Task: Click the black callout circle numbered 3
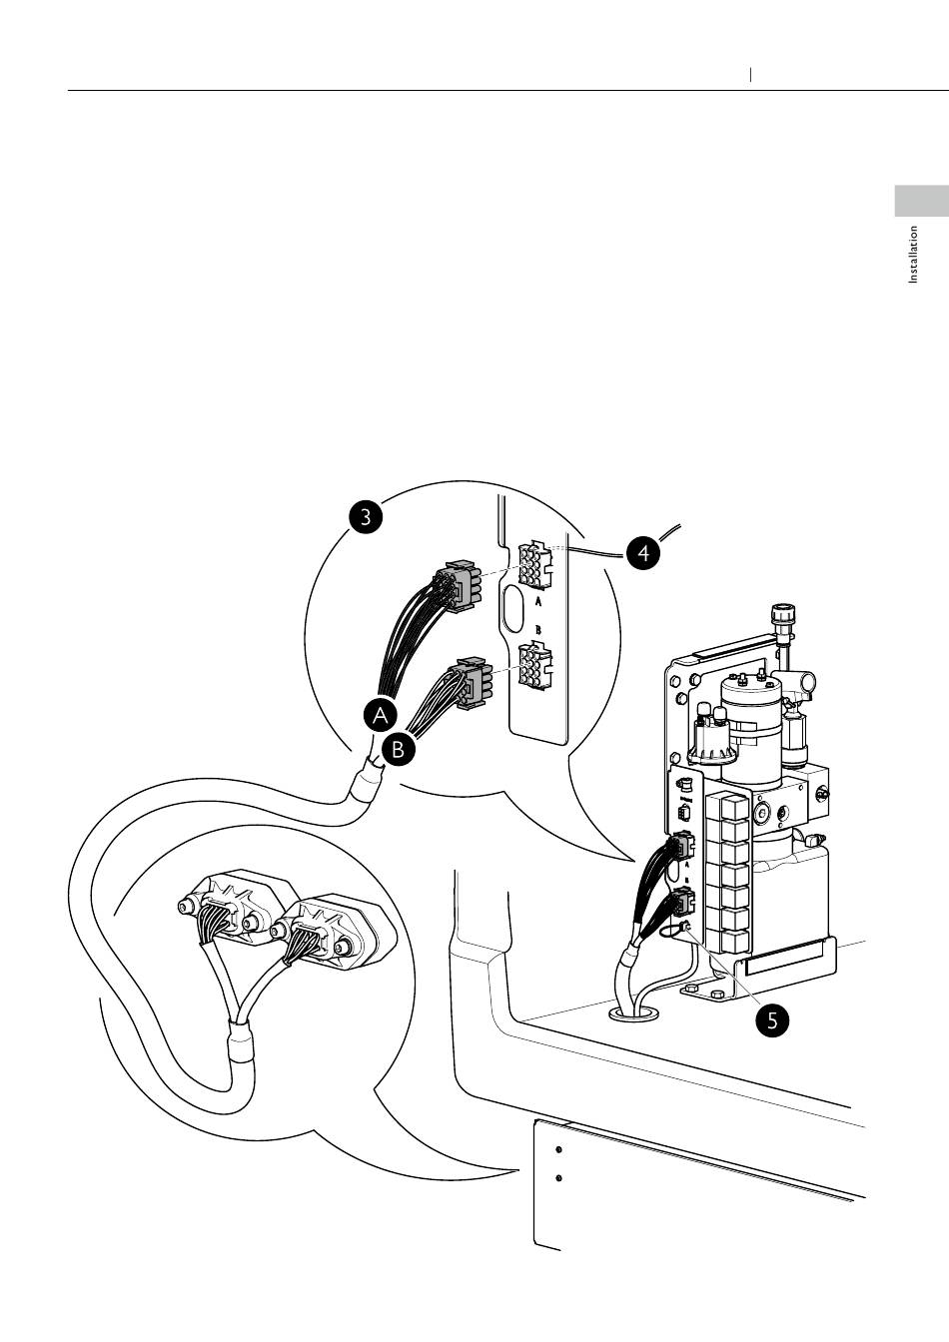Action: pos(367,516)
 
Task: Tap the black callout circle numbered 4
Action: pos(644,551)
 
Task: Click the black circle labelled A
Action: pos(381,715)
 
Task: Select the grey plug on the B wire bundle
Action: pos(472,681)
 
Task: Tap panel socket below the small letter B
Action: pos(534,666)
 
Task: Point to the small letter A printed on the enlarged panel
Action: pos(538,602)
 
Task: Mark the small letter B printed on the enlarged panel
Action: pos(538,630)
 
